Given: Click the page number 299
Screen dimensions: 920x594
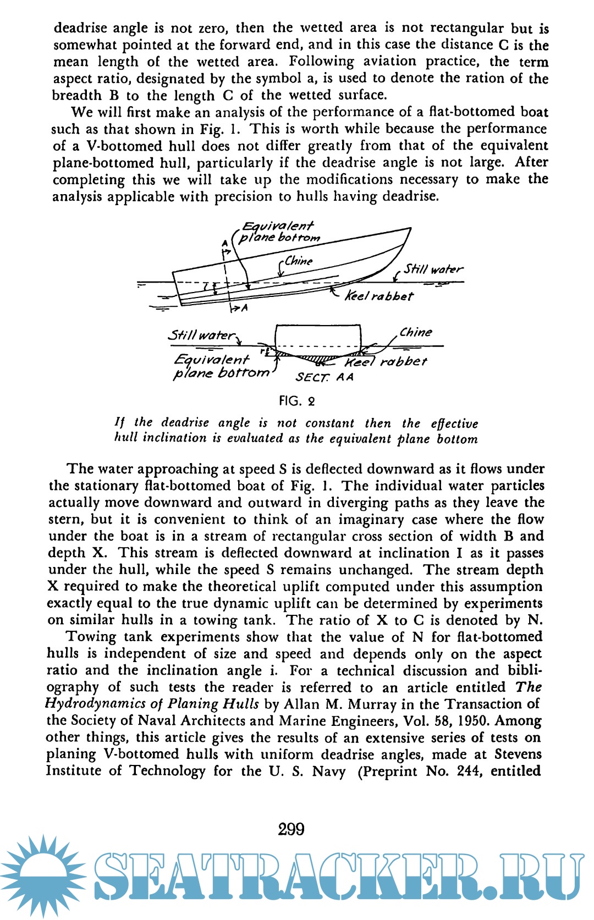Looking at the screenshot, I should click(x=291, y=829).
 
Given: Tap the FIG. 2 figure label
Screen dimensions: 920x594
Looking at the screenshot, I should click(x=296, y=401).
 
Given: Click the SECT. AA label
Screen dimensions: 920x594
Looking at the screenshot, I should click(x=324, y=377).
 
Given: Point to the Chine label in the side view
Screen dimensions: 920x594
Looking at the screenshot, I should click(x=299, y=261).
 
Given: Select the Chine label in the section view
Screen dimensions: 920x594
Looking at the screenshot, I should click(x=416, y=332).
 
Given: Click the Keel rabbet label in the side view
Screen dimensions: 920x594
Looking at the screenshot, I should click(x=379, y=296).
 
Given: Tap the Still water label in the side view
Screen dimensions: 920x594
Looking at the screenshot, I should click(x=433, y=269).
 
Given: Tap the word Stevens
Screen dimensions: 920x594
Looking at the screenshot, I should click(x=518, y=754).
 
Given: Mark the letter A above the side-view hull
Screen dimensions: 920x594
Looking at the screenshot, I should click(x=224, y=243).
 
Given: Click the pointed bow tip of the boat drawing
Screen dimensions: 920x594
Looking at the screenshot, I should click(x=410, y=228).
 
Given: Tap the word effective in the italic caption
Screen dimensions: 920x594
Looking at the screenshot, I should click(x=454, y=423).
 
